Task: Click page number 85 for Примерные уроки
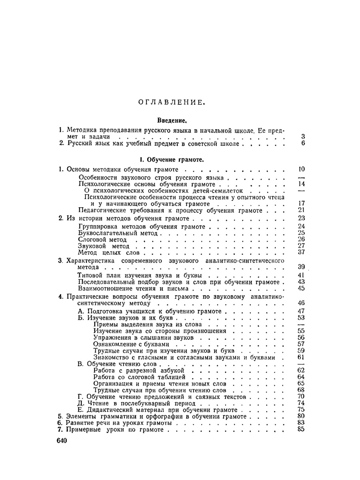click(x=302, y=430)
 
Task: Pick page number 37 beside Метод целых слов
click(x=302, y=252)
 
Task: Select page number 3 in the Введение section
click(x=303, y=136)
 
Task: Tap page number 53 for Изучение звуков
click(x=302, y=318)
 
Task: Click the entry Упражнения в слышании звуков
click(x=138, y=338)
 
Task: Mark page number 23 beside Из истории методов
click(x=302, y=218)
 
